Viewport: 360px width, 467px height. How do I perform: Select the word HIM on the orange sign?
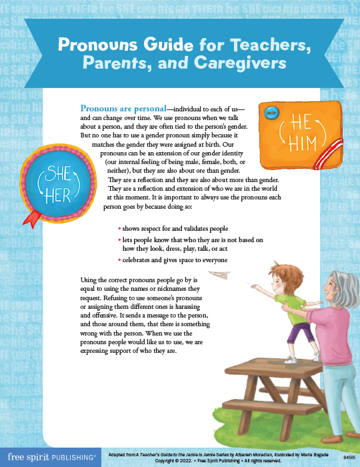[301, 142]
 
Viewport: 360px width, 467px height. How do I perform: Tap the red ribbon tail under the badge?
[31, 217]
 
